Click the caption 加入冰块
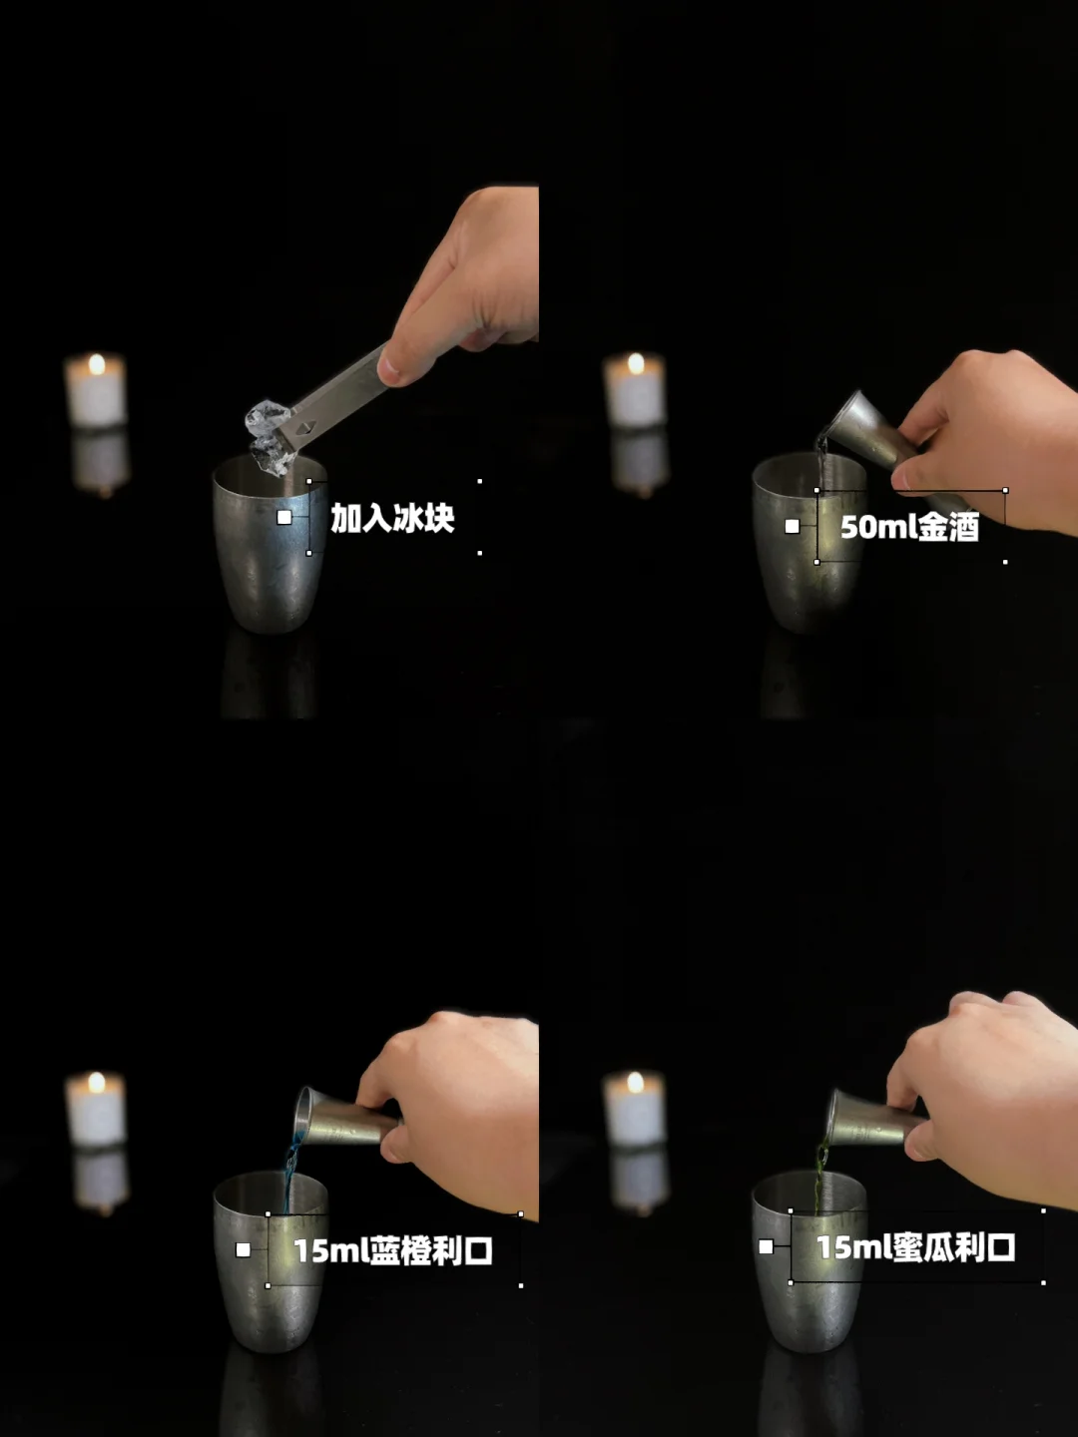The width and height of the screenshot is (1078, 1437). coord(392,518)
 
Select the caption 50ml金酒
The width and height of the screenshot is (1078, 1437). coord(909,526)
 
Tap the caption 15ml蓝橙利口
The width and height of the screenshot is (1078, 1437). coord(393,1250)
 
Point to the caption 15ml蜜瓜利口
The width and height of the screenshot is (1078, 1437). coord(916,1246)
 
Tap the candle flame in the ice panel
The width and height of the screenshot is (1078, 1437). coord(97,364)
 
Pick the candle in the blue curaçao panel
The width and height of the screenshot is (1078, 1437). coord(96,1107)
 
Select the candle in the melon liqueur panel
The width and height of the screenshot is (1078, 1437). coord(634,1107)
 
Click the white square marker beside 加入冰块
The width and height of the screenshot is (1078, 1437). coord(284,517)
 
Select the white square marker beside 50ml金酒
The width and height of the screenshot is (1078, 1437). coord(792,526)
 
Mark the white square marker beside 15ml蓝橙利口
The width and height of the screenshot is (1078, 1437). coord(243,1249)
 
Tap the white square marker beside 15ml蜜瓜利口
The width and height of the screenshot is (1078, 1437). coord(766,1246)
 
